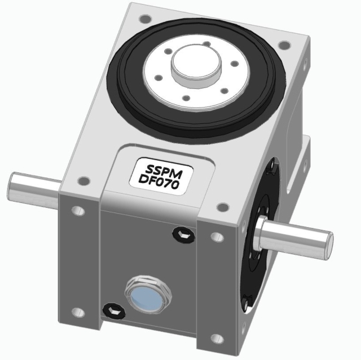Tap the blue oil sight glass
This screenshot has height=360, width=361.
pyautogui.click(x=146, y=295)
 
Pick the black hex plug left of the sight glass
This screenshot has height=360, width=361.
pyautogui.click(x=111, y=309)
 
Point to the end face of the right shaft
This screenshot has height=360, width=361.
pyautogui.click(x=329, y=243)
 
